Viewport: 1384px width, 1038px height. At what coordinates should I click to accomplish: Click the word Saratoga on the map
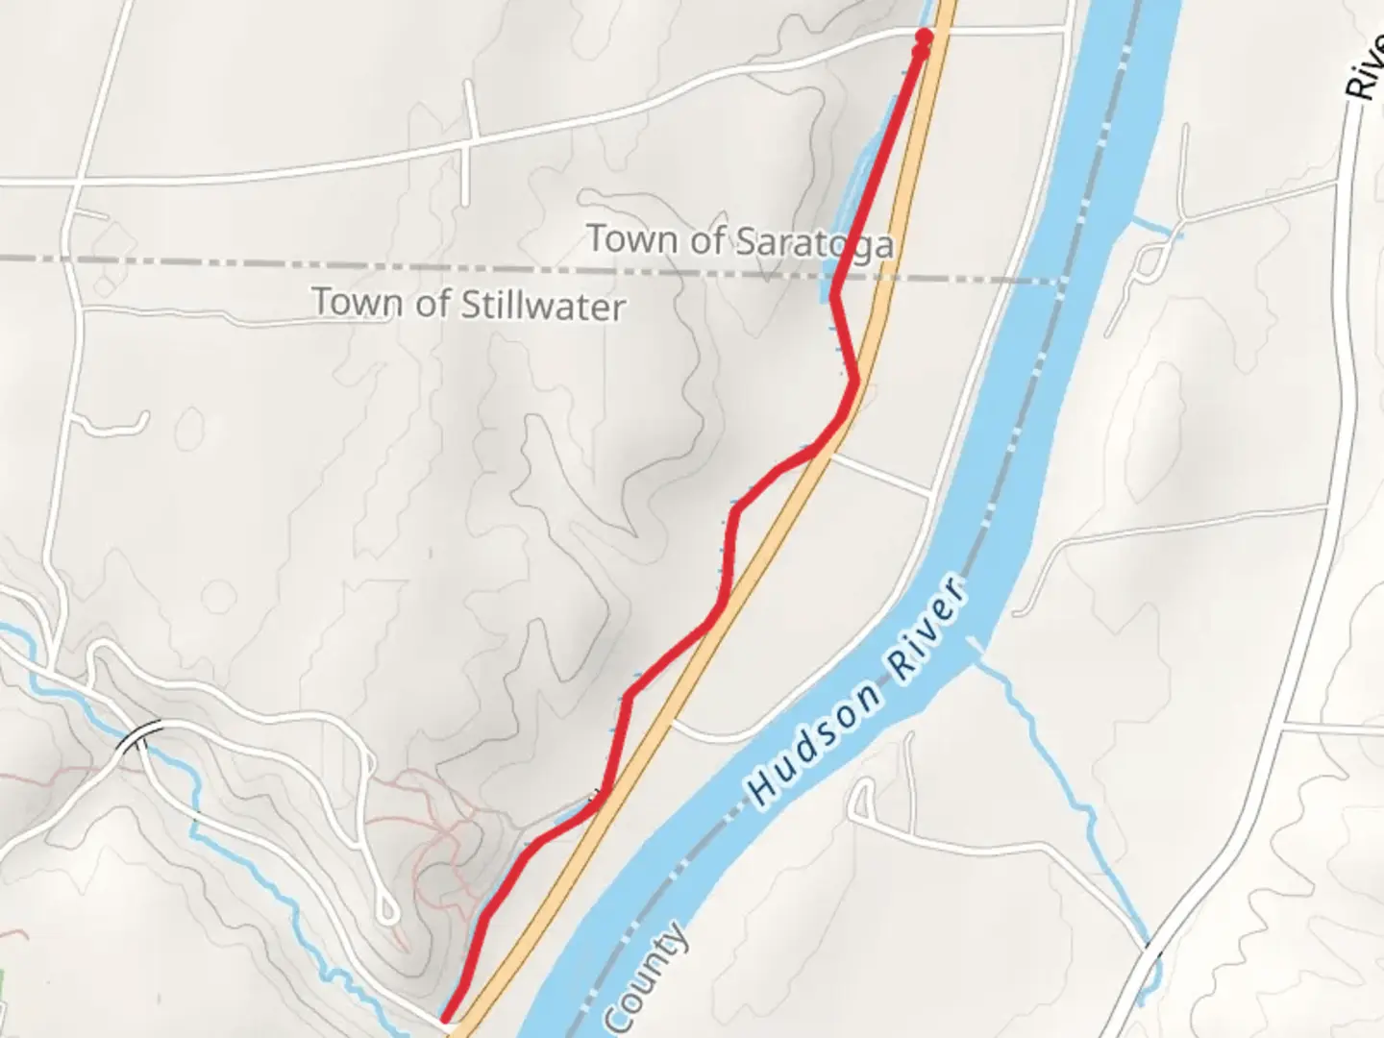coord(815,242)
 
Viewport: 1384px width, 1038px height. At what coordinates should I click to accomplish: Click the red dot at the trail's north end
coord(924,37)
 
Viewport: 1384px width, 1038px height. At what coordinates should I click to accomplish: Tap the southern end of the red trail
coord(446,1017)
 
